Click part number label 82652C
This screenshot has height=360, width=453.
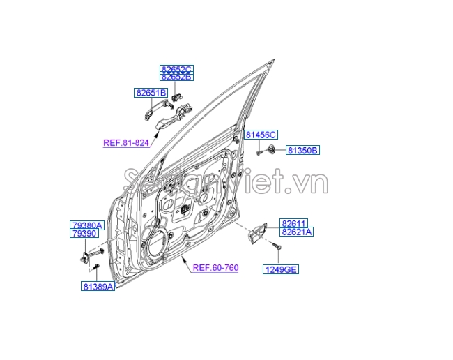click(x=176, y=69)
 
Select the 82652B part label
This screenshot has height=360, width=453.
click(x=176, y=77)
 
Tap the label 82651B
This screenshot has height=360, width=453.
click(x=151, y=93)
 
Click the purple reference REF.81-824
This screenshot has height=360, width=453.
click(x=126, y=143)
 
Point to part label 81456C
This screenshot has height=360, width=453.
click(x=261, y=135)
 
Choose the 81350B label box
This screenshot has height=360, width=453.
click(x=302, y=151)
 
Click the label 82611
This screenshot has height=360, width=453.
click(x=293, y=223)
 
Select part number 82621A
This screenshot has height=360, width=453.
click(x=296, y=232)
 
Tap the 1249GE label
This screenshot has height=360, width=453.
click(x=281, y=269)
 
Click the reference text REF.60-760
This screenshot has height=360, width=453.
click(x=215, y=268)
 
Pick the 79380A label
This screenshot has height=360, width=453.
click(x=87, y=225)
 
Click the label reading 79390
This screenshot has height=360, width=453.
click(x=84, y=233)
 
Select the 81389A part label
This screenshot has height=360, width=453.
click(x=98, y=286)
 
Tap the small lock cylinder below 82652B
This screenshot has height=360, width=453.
click(x=176, y=98)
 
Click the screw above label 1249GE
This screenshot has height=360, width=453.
click(x=277, y=246)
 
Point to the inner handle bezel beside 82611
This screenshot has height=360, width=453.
click(x=256, y=233)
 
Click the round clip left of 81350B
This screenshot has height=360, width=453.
click(x=270, y=149)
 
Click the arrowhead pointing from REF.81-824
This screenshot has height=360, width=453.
click(x=157, y=133)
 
